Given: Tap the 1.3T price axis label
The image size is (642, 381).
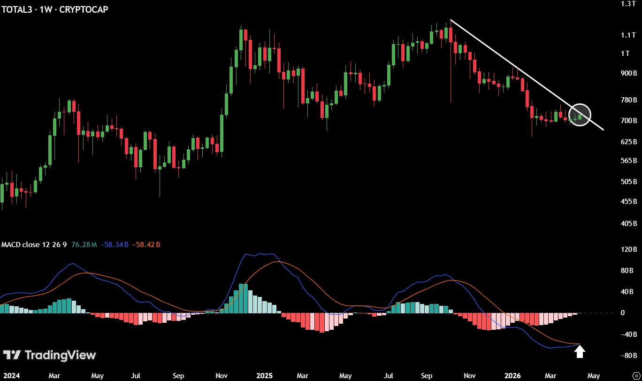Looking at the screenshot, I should tap(628, 4).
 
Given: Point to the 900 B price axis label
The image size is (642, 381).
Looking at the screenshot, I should tap(628, 73).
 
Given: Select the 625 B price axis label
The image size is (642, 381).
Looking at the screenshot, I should tap(628, 141).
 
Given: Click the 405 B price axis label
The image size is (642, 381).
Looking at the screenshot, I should tap(628, 224).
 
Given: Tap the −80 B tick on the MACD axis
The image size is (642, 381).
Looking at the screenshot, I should tap(628, 355).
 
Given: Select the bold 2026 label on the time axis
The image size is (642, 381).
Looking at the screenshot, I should tap(512, 376).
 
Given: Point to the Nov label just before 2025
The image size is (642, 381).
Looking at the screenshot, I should tap(222, 376).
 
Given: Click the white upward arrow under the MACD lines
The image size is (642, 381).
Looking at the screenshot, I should tap(580, 351).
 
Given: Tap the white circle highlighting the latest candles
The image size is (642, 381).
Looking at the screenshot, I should tap(580, 115).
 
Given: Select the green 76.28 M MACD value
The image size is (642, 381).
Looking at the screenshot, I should tap(84, 245).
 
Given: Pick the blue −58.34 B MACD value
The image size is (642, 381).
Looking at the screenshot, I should tap(115, 245).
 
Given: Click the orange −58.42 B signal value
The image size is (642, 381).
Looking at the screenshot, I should tap(146, 245).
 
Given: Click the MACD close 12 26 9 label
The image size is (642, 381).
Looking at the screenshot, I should tap(34, 245).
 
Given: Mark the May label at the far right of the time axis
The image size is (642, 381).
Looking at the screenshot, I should tap(594, 376).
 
